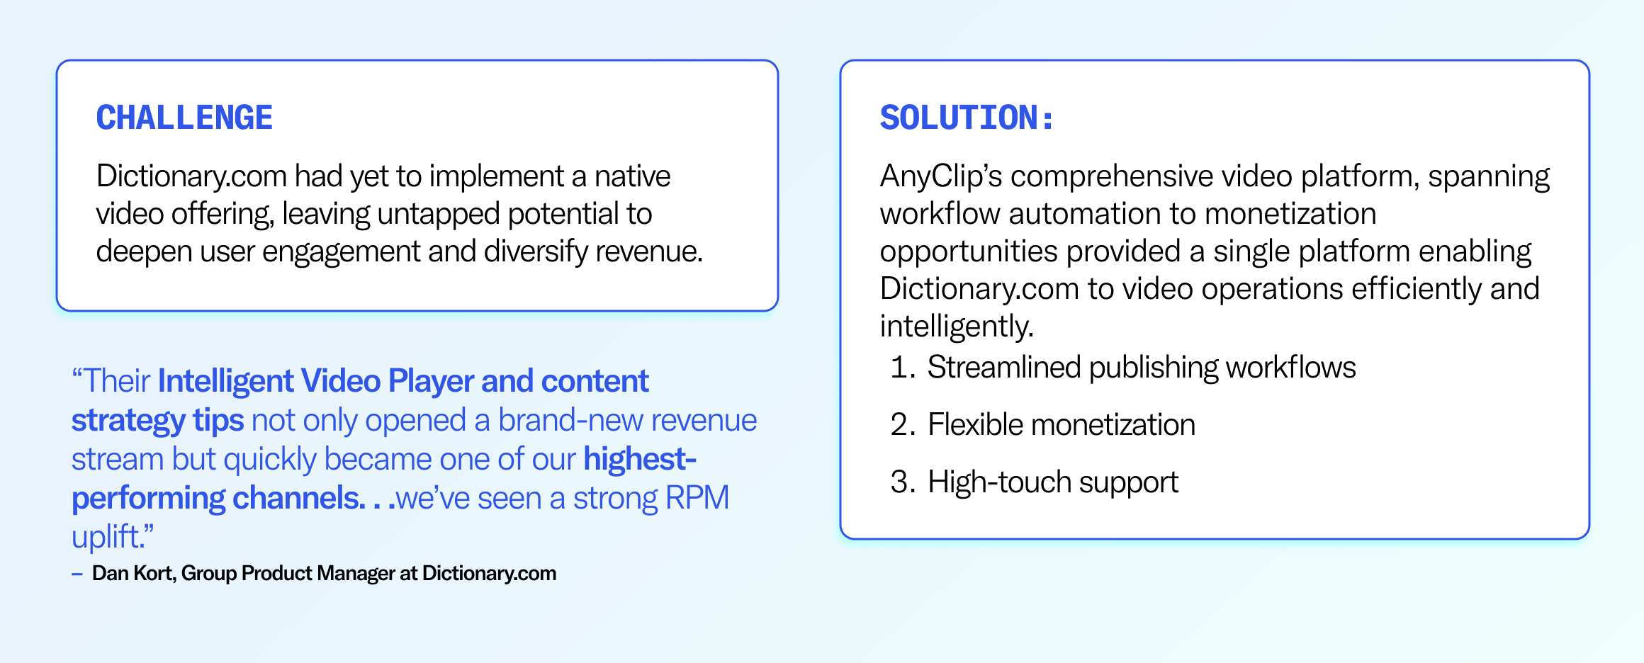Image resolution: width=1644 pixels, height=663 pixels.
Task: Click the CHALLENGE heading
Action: click(x=184, y=118)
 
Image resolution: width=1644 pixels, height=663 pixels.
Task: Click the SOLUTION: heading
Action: click(x=967, y=118)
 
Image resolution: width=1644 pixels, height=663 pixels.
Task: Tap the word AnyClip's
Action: click(x=940, y=176)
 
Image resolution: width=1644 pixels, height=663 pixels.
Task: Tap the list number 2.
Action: click(x=902, y=425)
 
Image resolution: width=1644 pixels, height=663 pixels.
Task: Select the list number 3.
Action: click(x=902, y=482)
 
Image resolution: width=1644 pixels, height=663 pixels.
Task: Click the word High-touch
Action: click(x=999, y=482)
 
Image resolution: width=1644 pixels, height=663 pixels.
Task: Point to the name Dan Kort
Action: click(x=133, y=573)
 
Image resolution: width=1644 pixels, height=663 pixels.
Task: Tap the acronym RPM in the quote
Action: click(x=697, y=498)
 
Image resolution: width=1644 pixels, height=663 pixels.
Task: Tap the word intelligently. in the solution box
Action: click(x=957, y=327)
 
